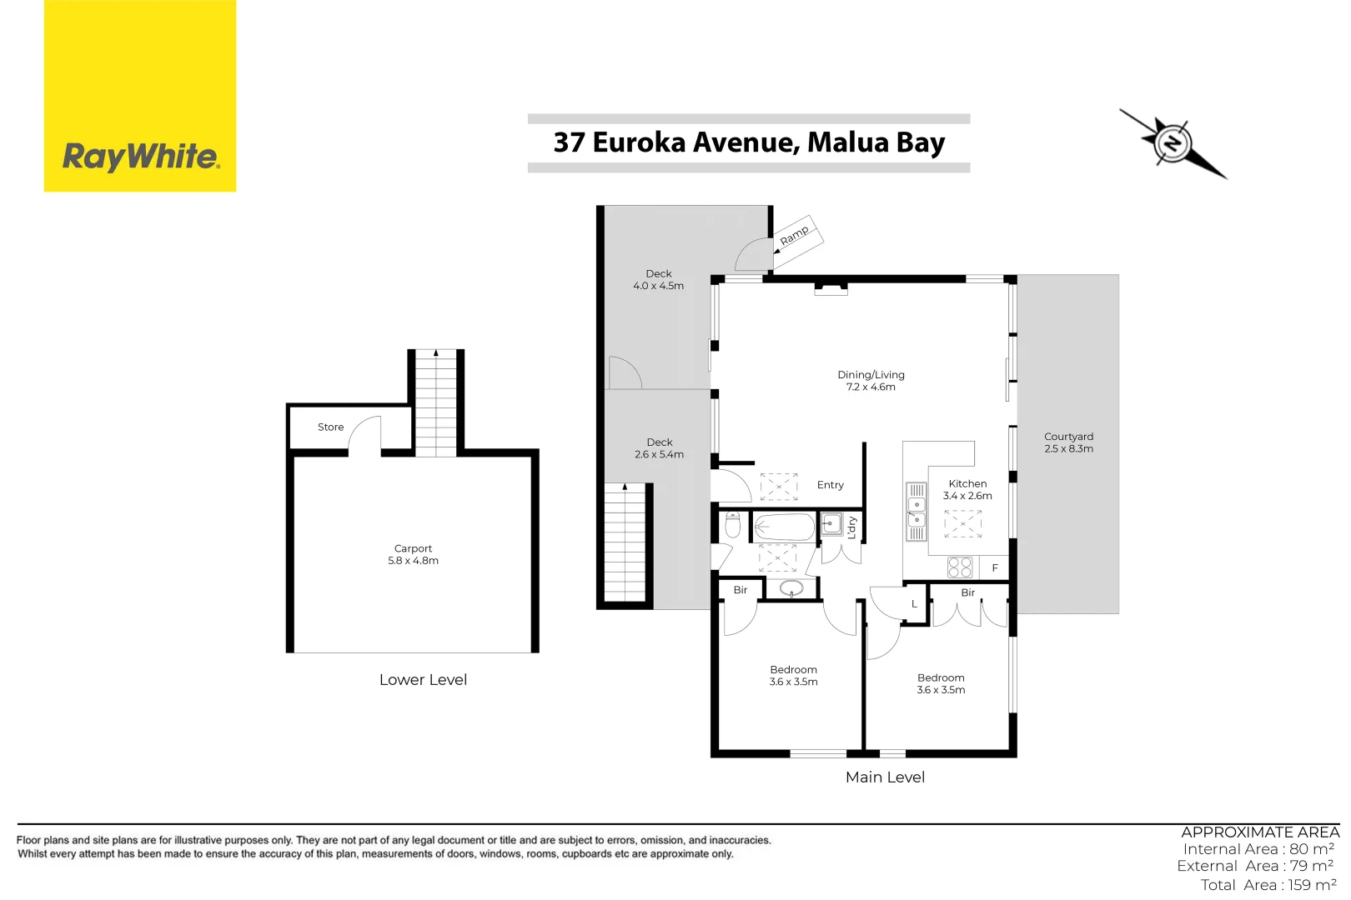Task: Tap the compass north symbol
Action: pyautogui.click(x=1173, y=143)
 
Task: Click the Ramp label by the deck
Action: pyautogui.click(x=795, y=235)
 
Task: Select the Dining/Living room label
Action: pyautogui.click(x=871, y=381)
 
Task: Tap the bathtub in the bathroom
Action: pyautogui.click(x=784, y=527)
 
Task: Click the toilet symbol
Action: pyautogui.click(x=733, y=526)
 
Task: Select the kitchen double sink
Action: pyautogui.click(x=917, y=512)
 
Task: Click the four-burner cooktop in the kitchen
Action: pyautogui.click(x=960, y=567)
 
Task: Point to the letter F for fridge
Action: pyautogui.click(x=995, y=568)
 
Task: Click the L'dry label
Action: pyautogui.click(x=851, y=527)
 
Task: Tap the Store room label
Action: pyautogui.click(x=330, y=427)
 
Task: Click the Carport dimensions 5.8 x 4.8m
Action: pyautogui.click(x=413, y=561)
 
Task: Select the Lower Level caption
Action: pyautogui.click(x=423, y=680)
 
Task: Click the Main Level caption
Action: pyautogui.click(x=885, y=777)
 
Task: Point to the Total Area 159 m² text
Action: pyautogui.click(x=1268, y=885)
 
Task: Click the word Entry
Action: pyautogui.click(x=830, y=485)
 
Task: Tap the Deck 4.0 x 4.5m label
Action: pyautogui.click(x=658, y=280)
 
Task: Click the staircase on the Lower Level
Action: pyautogui.click(x=435, y=404)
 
